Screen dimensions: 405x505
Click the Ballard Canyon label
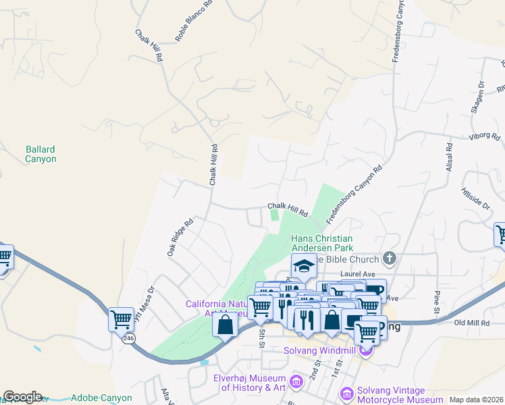pos(41,154)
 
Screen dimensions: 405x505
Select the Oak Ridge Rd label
pos(180,236)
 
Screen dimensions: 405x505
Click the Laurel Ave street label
pos(357,273)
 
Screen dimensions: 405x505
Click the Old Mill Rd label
pos(471,323)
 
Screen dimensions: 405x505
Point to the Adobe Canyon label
pos(102,398)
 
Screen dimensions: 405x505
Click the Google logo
pos(22,397)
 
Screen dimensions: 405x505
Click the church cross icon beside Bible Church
pos(389,257)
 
